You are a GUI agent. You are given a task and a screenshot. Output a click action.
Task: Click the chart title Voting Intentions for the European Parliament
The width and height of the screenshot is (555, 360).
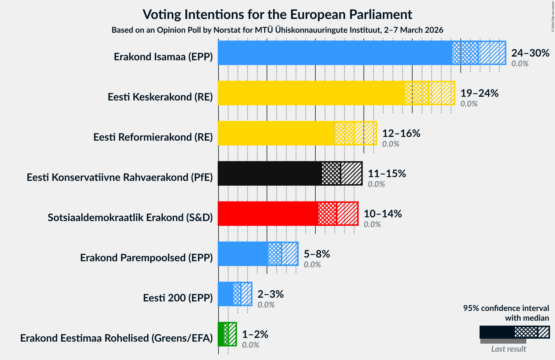coord(277,14)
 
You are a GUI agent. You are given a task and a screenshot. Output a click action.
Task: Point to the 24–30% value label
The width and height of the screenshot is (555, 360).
coord(530,53)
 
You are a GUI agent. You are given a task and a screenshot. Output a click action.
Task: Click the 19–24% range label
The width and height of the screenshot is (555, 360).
coord(479,93)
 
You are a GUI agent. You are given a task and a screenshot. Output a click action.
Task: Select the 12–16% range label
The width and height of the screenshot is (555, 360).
coord(401,133)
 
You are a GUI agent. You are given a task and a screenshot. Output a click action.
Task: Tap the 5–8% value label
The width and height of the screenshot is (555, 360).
coord(316,254)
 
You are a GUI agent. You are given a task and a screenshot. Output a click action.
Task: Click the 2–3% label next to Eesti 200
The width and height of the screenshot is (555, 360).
coord(270,294)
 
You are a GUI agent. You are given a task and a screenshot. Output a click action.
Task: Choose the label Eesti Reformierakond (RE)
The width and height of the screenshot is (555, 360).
coord(153,137)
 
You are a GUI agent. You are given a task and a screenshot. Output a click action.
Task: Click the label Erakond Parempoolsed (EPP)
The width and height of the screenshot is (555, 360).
coord(146,258)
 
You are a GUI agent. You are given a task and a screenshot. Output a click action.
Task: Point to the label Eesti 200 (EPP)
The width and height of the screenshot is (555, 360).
coord(178,298)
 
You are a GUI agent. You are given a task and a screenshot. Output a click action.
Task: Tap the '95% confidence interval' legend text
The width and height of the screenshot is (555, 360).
coord(506,308)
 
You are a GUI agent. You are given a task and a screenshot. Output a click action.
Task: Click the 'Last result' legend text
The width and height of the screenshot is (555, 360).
coord(508,349)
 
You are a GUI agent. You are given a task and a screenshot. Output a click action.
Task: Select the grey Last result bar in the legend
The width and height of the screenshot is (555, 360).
coord(503,341)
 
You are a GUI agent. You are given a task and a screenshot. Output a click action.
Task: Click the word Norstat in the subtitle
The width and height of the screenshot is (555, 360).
coord(225,30)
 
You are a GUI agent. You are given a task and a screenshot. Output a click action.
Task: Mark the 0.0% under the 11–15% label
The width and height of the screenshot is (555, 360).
coord(376,184)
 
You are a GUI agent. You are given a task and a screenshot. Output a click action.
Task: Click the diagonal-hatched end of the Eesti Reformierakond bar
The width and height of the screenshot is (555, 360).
coord(365,133)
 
